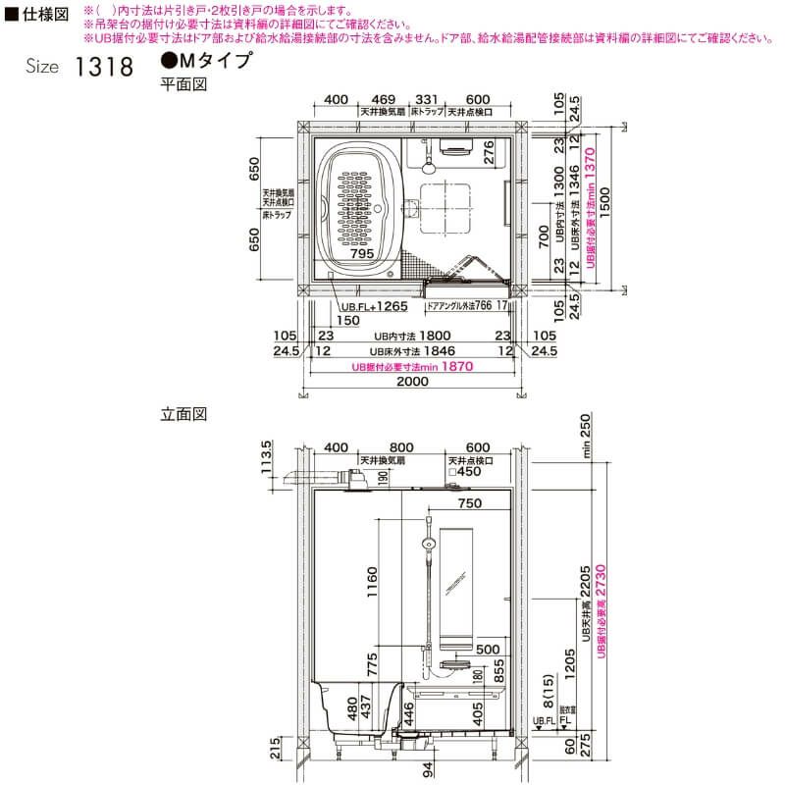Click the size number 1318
(101, 69)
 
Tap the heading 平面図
(183, 84)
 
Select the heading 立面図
(183, 415)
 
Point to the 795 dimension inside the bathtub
(363, 253)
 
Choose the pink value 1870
(456, 366)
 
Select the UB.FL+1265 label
(375, 306)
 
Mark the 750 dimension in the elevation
(470, 503)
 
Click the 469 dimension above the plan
(385, 100)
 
